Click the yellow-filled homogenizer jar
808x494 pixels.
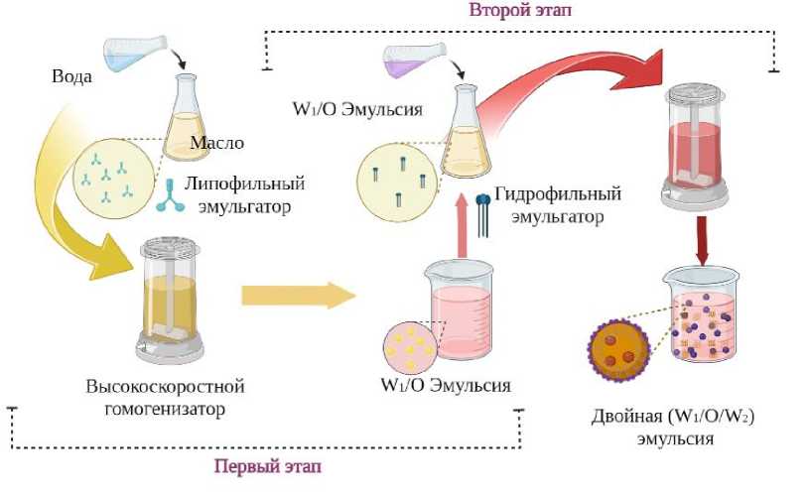pyautogui.click(x=170, y=298)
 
